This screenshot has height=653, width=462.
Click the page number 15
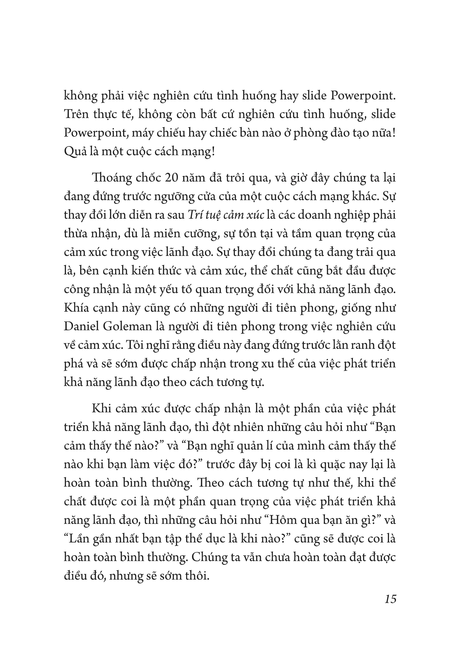(390, 599)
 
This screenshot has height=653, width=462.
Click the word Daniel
(79, 326)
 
